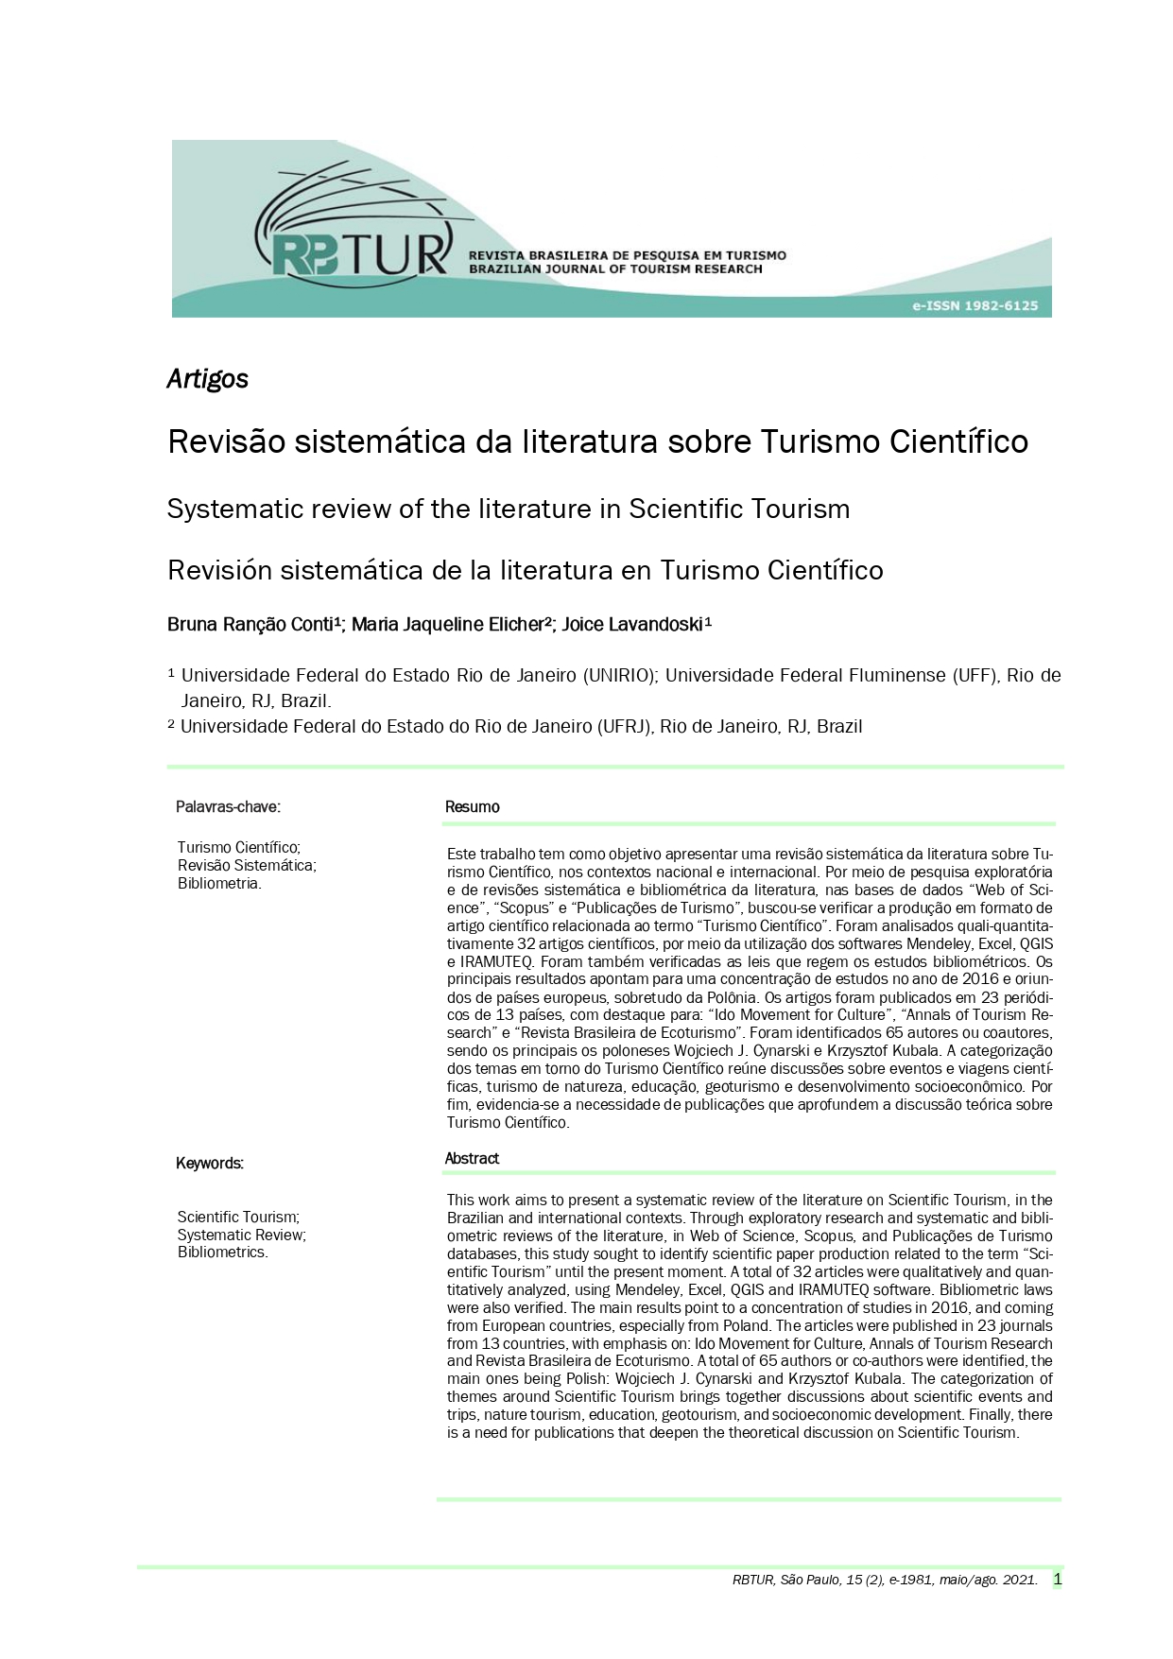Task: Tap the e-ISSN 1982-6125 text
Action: [x=975, y=305]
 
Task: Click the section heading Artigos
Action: [x=207, y=379]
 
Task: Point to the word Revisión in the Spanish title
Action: [x=219, y=571]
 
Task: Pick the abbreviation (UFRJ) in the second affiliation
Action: [x=624, y=727]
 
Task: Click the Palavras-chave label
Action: [x=228, y=807]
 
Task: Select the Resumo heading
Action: [x=472, y=807]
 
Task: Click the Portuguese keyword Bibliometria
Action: [x=218, y=884]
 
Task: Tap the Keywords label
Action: [x=209, y=1164]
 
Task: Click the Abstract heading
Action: [x=472, y=1159]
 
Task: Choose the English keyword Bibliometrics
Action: [x=222, y=1253]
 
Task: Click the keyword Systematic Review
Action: [x=241, y=1235]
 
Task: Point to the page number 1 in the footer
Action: [x=1057, y=1580]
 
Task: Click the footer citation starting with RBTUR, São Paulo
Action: [x=884, y=1581]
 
